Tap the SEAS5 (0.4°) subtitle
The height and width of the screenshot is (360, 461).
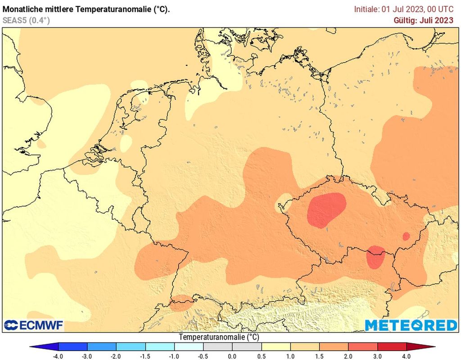tap(26, 20)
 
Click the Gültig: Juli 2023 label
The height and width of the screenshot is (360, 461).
tap(423, 20)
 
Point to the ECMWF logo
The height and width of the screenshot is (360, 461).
tap(34, 325)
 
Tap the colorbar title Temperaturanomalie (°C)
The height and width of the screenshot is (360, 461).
tap(219, 337)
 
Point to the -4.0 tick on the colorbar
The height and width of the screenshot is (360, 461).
tap(58, 356)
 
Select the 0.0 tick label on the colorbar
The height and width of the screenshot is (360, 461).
tap(232, 356)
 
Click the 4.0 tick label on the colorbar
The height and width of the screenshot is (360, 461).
tap(407, 356)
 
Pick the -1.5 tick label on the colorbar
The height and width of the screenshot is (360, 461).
tap(145, 356)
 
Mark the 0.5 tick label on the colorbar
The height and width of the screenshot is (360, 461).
tap(262, 356)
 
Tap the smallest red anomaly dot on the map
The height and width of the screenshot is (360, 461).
tap(406, 236)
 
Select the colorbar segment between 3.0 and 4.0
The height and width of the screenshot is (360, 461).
tap(392, 347)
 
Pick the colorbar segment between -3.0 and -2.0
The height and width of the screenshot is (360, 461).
tap(102, 347)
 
